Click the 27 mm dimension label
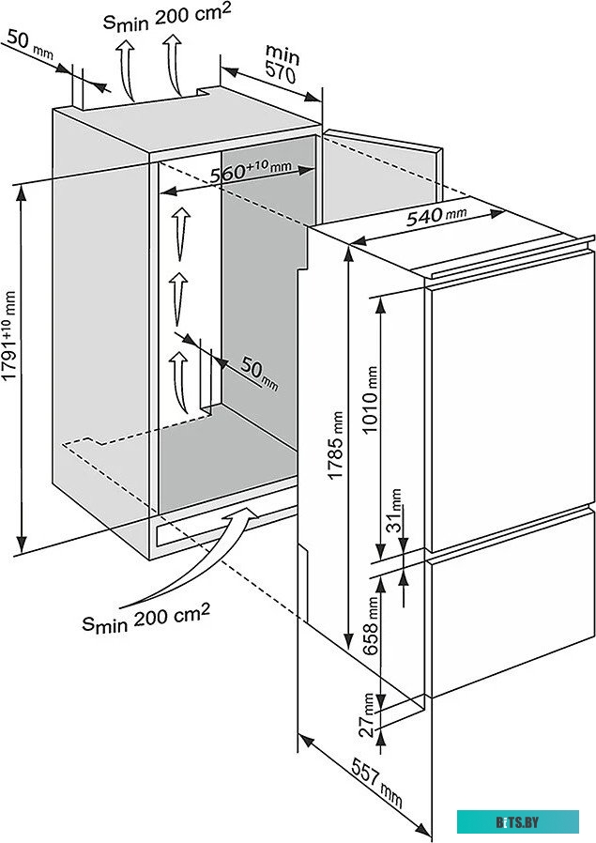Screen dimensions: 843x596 click(369, 712)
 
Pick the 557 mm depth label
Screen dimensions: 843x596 click(377, 782)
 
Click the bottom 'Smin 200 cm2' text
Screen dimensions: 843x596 click(145, 618)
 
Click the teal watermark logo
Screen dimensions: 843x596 click(518, 822)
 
